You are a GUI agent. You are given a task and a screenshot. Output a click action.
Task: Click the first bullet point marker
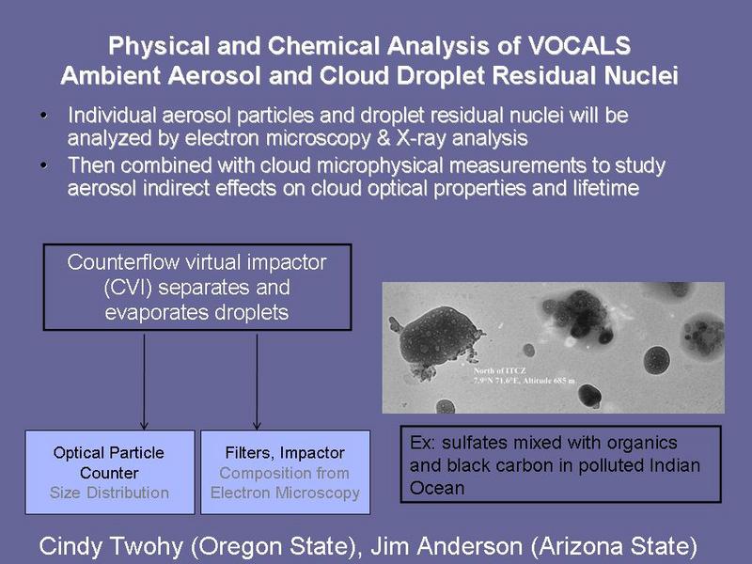(44, 116)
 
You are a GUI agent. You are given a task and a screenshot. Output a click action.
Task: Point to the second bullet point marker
(44, 165)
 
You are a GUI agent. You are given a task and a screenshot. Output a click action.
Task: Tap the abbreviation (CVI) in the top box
(128, 288)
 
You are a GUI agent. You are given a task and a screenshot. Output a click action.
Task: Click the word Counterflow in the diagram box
(123, 262)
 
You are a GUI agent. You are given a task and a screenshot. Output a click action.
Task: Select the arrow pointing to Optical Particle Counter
(144, 382)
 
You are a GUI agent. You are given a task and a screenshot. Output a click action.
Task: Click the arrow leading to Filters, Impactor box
(257, 382)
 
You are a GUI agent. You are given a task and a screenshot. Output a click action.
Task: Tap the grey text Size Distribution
(109, 493)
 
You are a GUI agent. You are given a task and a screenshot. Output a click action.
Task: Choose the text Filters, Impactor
(285, 453)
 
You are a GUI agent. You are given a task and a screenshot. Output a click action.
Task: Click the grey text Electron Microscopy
(285, 493)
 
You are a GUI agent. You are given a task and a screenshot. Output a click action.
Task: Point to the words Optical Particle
(109, 453)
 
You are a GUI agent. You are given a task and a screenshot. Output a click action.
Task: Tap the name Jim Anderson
(446, 546)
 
